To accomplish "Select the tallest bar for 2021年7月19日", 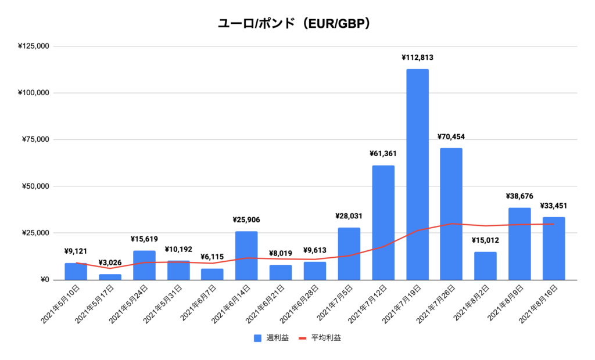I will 417,174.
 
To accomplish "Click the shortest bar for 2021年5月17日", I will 110,277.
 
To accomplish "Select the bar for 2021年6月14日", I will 246,255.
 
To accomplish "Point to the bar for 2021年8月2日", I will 485,265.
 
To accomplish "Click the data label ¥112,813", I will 417,57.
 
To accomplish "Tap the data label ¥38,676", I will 519,196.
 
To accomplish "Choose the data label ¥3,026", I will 110,262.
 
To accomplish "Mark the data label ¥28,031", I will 349,216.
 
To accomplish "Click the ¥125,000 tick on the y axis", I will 33,46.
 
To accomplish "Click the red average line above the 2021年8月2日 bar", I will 485,225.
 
